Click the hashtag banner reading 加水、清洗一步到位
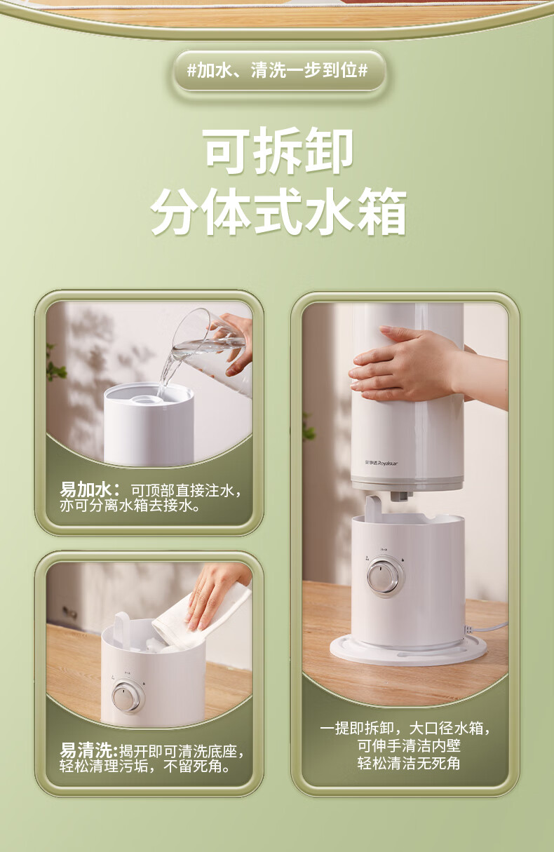coord(278,71)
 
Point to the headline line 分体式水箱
coord(279,211)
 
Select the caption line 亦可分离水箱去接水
coord(129,506)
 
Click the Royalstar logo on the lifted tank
coord(381,464)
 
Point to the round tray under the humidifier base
coord(408,650)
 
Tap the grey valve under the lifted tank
coord(400,495)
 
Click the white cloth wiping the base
coord(202,619)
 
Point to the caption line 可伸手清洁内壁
coord(409,745)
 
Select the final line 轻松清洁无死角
coord(409,763)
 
